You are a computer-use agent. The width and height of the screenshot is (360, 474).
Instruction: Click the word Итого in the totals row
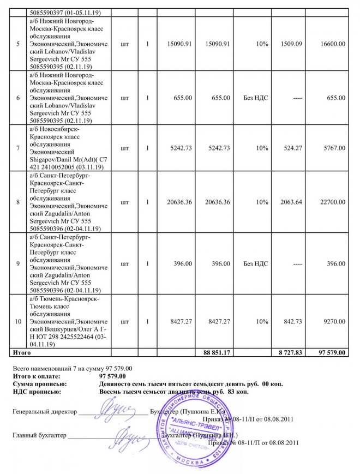[22, 353]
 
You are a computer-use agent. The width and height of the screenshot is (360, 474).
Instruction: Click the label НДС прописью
[37, 392]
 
